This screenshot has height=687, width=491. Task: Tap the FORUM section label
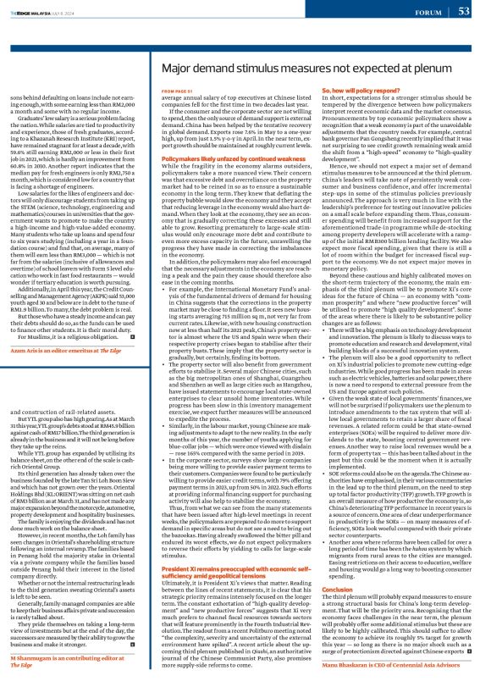tap(422, 12)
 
